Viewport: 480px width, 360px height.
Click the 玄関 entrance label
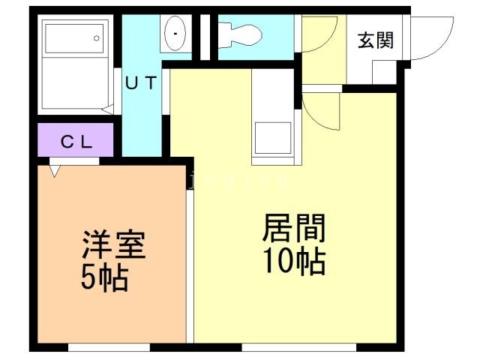(x=376, y=40)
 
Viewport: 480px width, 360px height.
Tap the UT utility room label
(x=142, y=82)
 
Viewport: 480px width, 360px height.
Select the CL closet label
(x=76, y=142)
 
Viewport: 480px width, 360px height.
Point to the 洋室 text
(x=113, y=244)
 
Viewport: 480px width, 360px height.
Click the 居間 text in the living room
(x=294, y=228)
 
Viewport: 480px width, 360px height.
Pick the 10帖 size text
(x=294, y=261)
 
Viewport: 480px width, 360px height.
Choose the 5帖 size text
(x=104, y=277)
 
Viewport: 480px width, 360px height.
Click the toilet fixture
(x=240, y=35)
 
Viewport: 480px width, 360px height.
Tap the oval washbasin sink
(x=175, y=33)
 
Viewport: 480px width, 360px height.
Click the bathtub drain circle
(x=97, y=38)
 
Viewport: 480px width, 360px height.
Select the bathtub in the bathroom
(x=74, y=38)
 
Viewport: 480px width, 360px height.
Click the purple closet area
(x=76, y=140)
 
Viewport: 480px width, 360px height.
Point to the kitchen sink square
(x=273, y=138)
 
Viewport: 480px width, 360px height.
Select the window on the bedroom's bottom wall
(x=109, y=347)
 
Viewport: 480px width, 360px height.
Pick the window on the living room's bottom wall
(x=299, y=347)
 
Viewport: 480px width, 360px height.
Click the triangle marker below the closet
(x=55, y=171)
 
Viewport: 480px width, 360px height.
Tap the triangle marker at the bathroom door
(x=107, y=109)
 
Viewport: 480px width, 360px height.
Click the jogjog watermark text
(x=238, y=180)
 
